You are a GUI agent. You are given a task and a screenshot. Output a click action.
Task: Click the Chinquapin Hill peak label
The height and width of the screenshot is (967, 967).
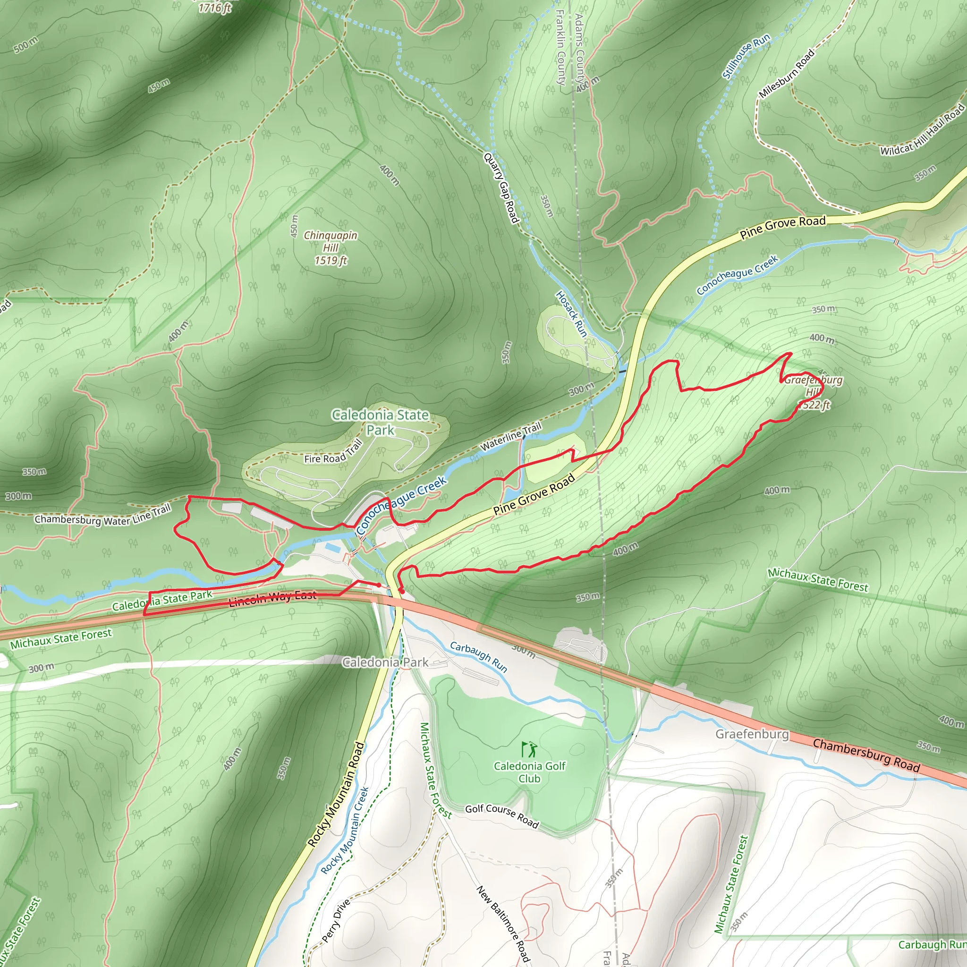tap(331, 247)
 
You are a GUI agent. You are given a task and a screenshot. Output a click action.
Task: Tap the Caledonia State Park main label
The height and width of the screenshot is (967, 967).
tap(381, 422)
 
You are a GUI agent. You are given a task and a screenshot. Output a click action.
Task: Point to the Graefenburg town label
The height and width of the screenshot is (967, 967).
tap(752, 734)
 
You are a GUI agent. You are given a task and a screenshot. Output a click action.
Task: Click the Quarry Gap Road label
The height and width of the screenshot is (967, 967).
tap(501, 188)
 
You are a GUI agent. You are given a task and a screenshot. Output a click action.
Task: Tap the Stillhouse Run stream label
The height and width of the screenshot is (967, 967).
tap(746, 56)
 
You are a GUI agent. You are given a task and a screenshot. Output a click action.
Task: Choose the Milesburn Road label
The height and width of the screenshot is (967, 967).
tap(787, 74)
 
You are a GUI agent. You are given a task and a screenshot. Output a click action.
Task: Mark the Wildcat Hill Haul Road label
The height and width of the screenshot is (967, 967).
tap(923, 129)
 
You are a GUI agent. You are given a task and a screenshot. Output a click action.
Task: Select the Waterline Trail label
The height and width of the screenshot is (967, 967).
tap(510, 436)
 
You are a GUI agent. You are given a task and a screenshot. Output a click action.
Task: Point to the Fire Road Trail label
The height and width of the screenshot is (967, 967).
tap(333, 451)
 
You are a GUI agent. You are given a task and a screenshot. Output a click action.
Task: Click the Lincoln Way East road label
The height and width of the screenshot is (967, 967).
tap(273, 598)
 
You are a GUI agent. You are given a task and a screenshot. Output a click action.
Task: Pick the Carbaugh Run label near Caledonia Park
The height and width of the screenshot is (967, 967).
tap(478, 657)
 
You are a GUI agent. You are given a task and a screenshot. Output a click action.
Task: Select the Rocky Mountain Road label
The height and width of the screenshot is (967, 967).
tap(336, 794)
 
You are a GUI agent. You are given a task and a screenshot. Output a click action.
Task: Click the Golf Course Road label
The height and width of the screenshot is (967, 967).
tap(501, 816)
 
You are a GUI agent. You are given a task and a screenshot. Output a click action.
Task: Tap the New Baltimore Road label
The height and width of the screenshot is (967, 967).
tap(502, 924)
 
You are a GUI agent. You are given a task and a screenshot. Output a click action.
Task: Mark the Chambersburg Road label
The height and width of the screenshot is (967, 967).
tap(866, 755)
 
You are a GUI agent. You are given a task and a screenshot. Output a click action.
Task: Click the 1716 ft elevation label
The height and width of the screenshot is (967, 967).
tap(215, 8)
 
